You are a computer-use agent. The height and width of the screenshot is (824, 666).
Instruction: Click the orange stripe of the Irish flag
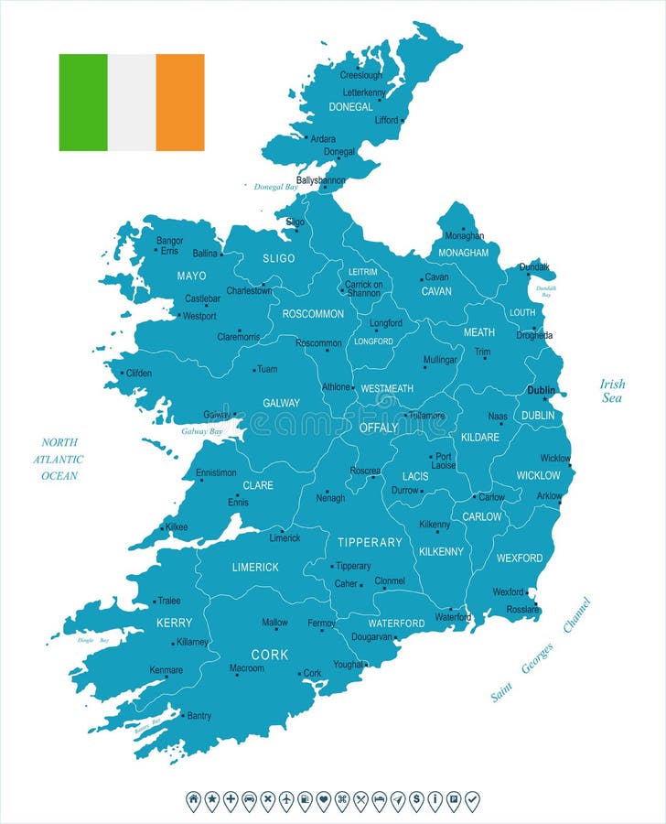[180, 102]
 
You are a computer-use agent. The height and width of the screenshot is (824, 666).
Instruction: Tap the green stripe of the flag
[83, 102]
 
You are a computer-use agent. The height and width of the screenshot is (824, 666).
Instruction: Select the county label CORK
[269, 655]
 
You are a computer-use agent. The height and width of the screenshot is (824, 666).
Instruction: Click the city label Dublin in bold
[541, 390]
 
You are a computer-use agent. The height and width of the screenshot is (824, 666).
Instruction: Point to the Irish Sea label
[612, 391]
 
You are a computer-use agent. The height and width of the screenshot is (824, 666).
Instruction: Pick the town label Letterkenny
[364, 93]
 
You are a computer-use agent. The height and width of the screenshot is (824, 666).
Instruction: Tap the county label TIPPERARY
[370, 542]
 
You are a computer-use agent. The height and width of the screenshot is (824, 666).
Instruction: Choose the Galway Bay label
[202, 431]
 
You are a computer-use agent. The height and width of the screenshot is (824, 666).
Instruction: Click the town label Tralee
[169, 602]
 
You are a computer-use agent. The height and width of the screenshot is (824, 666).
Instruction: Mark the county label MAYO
[191, 276]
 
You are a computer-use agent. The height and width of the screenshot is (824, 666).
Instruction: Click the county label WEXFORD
[519, 558]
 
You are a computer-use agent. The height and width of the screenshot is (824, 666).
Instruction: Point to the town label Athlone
[336, 387]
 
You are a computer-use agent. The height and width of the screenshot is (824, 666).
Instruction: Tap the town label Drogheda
[534, 335]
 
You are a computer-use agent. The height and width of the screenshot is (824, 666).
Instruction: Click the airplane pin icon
[286, 800]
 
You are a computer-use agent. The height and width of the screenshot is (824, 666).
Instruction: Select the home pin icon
[193, 800]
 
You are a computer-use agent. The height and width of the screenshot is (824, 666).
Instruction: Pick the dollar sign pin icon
[416, 800]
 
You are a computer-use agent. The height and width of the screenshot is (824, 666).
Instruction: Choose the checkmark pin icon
[472, 800]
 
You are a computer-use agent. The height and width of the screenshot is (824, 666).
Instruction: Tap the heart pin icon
[323, 800]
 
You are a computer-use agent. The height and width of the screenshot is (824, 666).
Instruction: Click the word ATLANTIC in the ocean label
[58, 460]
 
